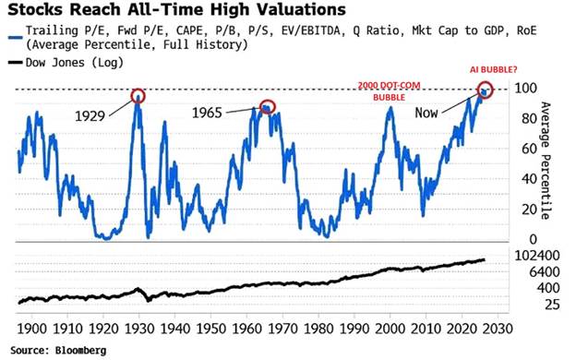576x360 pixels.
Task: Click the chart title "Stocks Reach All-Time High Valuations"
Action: pyautogui.click(x=176, y=9)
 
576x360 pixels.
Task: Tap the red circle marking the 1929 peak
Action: pyautogui.click(x=138, y=90)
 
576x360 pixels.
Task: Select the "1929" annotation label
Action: pyautogui.click(x=90, y=116)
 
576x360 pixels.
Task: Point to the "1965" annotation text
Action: pyautogui.click(x=207, y=113)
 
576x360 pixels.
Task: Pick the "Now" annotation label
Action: pyautogui.click(x=426, y=113)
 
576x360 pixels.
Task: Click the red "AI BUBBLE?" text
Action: pyautogui.click(x=493, y=69)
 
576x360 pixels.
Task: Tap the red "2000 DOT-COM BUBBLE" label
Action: pyautogui.click(x=389, y=91)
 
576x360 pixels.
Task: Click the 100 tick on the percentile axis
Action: pyautogui.click(x=525, y=89)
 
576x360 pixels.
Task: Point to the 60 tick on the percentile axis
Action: pyautogui.click(x=529, y=149)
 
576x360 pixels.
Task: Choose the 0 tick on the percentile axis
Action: pyautogui.click(x=533, y=239)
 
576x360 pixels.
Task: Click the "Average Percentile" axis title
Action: pyautogui.click(x=546, y=161)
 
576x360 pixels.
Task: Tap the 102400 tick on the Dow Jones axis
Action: pyautogui.click(x=536, y=256)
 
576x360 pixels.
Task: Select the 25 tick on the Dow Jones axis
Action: pyautogui.click(x=552, y=305)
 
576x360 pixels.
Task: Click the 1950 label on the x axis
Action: pyautogui.click(x=210, y=329)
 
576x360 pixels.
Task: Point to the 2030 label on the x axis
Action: pyautogui.click(x=498, y=329)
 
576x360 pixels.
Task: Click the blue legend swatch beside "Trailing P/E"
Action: pyautogui.click(x=16, y=37)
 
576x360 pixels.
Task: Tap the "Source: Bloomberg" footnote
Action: pyautogui.click(x=58, y=350)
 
